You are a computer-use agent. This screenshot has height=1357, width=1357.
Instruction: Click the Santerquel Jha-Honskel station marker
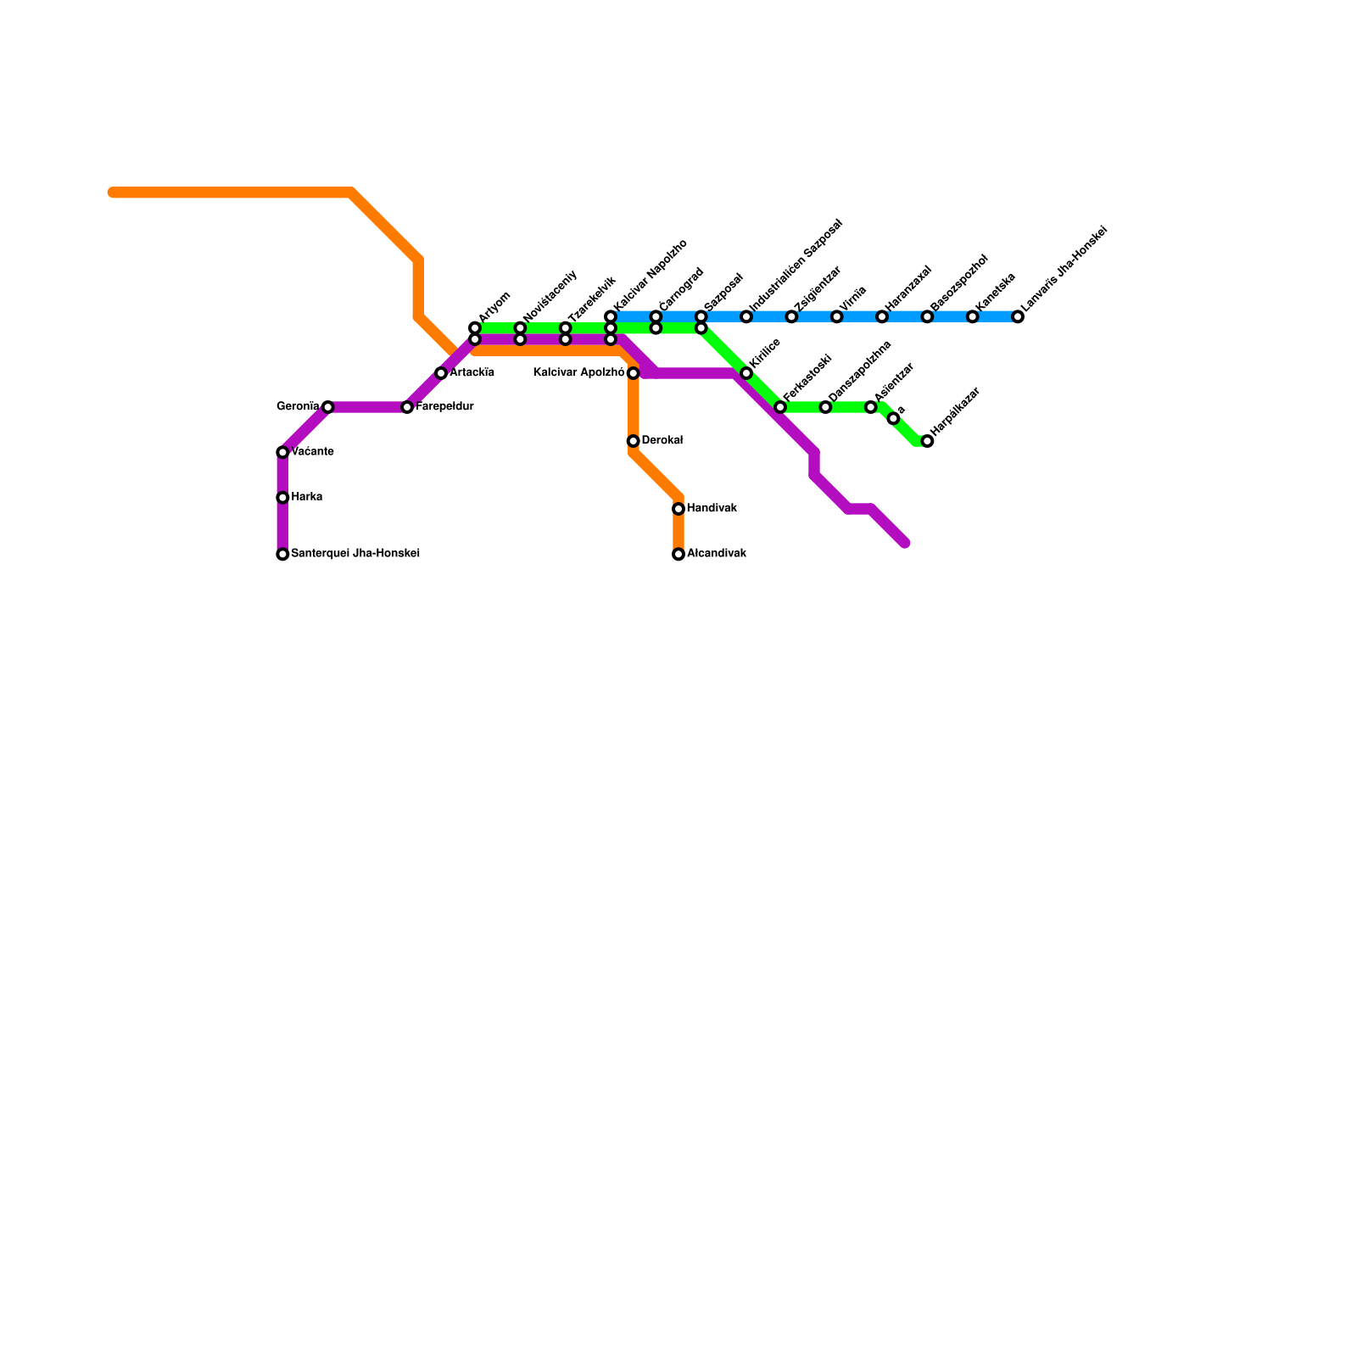[x=282, y=555]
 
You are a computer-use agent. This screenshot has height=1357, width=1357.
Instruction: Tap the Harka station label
[x=306, y=497]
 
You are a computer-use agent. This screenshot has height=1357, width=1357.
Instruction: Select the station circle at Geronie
[x=328, y=407]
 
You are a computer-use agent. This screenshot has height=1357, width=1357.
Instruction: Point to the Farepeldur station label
[x=444, y=407]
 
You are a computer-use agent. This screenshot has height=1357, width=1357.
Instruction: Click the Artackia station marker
[x=441, y=373]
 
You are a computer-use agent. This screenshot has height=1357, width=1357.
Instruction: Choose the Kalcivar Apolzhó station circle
[x=633, y=373]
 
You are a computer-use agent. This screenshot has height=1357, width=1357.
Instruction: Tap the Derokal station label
[x=662, y=441]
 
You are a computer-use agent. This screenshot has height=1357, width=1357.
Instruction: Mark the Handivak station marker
[x=678, y=509]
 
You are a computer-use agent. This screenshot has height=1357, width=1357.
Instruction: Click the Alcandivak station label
[x=716, y=554]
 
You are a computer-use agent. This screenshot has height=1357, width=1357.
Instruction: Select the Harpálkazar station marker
[x=927, y=441]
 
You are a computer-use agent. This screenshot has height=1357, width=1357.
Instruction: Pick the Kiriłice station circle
[x=746, y=373]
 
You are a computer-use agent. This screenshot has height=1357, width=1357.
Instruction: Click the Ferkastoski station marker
[x=780, y=407]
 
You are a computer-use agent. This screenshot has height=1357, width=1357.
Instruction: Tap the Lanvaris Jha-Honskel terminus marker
[x=1018, y=317]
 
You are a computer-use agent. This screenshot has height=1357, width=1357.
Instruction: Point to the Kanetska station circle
[x=973, y=317]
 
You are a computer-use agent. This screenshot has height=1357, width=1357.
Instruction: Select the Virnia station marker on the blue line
[x=837, y=317]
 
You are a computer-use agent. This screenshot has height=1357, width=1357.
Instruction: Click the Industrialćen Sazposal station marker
[x=746, y=317]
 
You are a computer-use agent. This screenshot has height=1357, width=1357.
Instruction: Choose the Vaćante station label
[x=311, y=452]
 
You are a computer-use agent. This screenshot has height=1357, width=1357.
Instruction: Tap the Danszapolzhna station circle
[x=825, y=407]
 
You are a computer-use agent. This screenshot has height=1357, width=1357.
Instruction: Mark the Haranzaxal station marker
[x=882, y=317]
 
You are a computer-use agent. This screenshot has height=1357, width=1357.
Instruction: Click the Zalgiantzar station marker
[x=791, y=317]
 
